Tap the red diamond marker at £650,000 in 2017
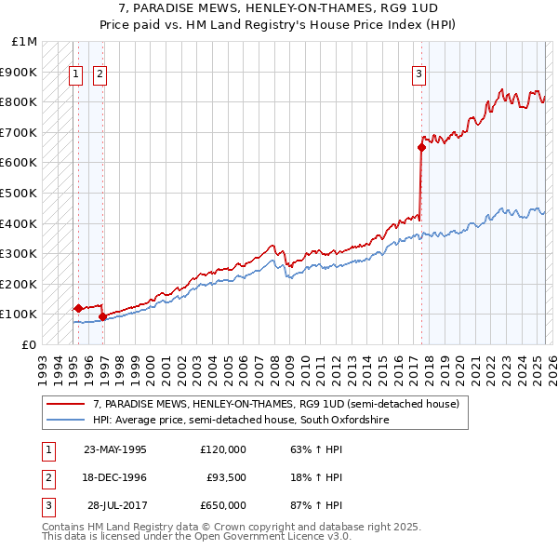(x=421, y=147)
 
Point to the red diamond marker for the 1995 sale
(x=78, y=308)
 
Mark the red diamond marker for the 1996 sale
(x=102, y=316)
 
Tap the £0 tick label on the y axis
(x=28, y=344)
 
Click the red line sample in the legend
(x=66, y=405)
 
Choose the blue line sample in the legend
(x=66, y=421)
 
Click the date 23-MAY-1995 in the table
(x=115, y=449)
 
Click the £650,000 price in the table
(x=222, y=505)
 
